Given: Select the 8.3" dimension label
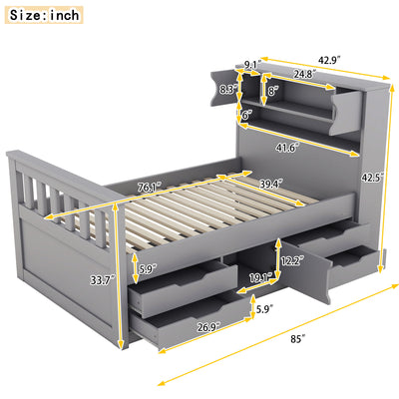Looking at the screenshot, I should (227, 90).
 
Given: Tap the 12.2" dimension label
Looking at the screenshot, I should (289, 260).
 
